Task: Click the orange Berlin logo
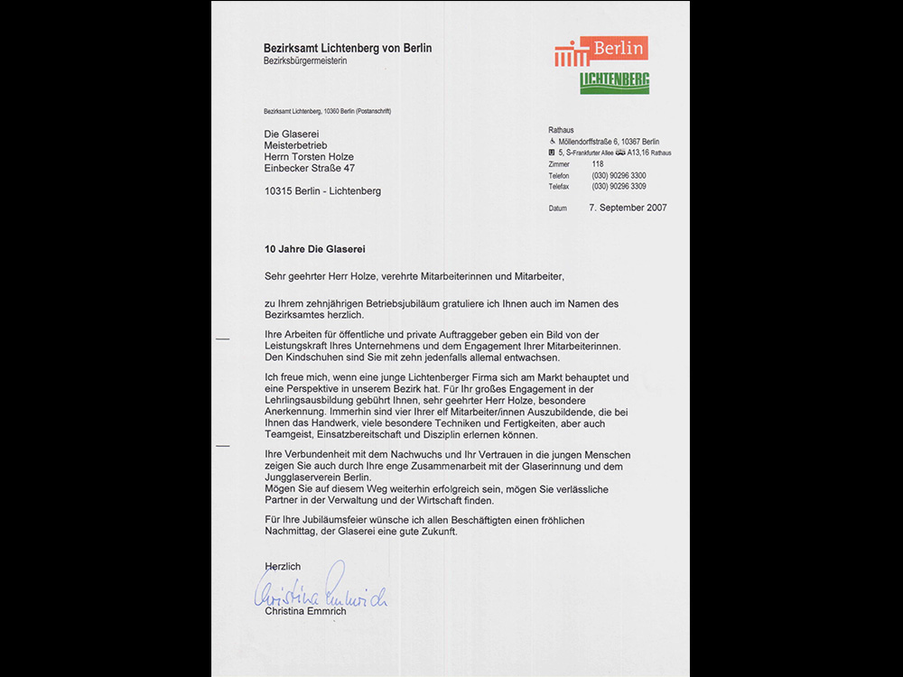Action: pos(601,51)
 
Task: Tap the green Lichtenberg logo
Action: pos(614,82)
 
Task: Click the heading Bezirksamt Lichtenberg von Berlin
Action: pos(348,48)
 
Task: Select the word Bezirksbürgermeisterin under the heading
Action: pos(304,60)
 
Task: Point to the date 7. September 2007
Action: pos(628,208)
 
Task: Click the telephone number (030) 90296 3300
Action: pos(619,175)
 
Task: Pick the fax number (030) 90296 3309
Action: pos(619,186)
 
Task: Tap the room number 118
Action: pos(598,164)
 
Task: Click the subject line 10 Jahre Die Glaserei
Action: pos(314,248)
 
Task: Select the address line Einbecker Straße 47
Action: pos(309,168)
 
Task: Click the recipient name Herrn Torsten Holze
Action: pos(309,156)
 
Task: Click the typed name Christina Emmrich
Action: pos(305,611)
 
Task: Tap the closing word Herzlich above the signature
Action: pos(283,566)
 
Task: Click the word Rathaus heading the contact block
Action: pos(561,130)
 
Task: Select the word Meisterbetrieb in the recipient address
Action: pos(295,144)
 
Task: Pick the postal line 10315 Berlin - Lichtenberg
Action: pos(322,191)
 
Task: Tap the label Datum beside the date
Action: pos(558,209)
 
